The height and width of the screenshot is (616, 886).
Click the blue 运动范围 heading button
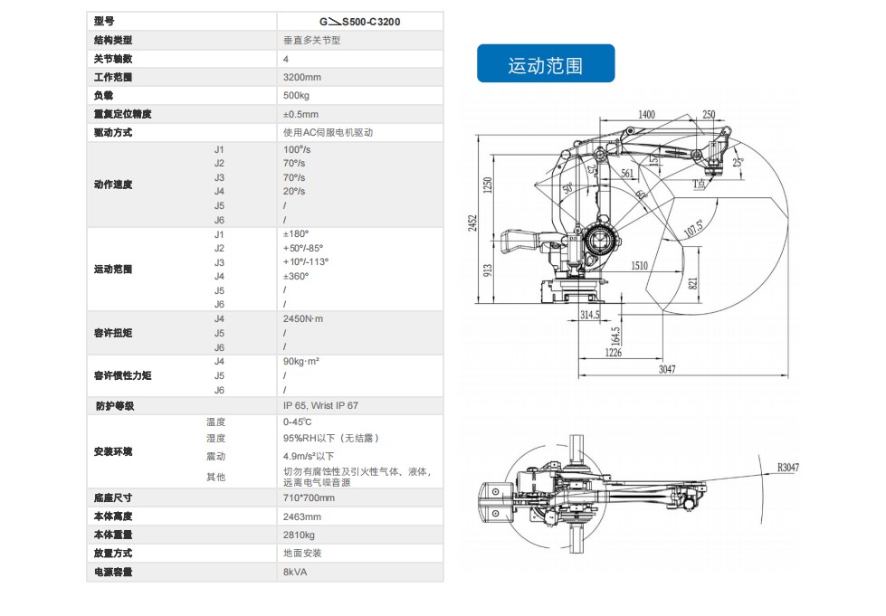click(546, 65)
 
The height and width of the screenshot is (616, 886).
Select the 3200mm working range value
click(302, 77)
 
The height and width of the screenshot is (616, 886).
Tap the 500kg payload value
click(297, 96)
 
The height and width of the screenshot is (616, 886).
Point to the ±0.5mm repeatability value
click(300, 114)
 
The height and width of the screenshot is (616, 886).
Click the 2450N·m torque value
click(303, 319)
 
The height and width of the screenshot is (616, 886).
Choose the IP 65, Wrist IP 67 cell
click(320, 406)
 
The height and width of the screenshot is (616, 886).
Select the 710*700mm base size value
click(309, 498)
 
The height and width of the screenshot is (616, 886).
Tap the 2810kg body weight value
click(300, 535)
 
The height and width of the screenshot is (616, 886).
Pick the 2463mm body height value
click(302, 516)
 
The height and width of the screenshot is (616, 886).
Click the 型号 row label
click(104, 21)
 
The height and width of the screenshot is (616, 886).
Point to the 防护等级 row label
click(114, 406)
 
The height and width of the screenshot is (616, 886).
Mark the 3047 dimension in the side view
click(666, 369)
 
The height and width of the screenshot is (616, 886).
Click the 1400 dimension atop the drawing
click(646, 114)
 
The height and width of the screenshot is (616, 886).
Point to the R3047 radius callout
click(787, 468)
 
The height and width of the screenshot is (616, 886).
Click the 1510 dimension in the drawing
click(639, 266)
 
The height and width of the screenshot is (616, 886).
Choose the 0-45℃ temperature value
click(297, 422)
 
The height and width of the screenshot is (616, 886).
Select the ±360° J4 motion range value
click(296, 276)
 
